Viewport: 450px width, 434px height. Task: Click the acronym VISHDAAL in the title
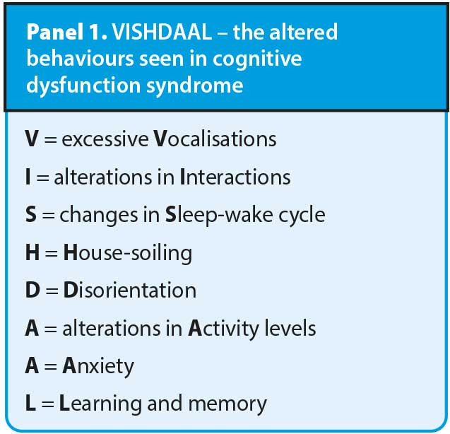pyautogui.click(x=162, y=32)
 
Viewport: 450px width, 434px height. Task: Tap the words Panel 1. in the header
pyautogui.click(x=67, y=32)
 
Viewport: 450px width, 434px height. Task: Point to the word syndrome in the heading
pyautogui.click(x=194, y=86)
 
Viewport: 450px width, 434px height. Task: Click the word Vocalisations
pyautogui.click(x=215, y=139)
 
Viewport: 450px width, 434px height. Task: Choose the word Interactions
pyautogui.click(x=235, y=177)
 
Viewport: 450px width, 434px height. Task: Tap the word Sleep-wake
pyautogui.click(x=219, y=216)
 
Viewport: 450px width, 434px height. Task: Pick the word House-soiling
pyautogui.click(x=128, y=253)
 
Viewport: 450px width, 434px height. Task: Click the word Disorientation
pyautogui.click(x=130, y=291)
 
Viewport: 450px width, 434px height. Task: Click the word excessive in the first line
pyautogui.click(x=105, y=139)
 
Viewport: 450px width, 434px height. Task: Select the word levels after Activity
pyautogui.click(x=290, y=328)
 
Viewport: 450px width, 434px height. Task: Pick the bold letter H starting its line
pyautogui.click(x=32, y=253)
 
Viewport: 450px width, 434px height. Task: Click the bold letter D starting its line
pyautogui.click(x=32, y=291)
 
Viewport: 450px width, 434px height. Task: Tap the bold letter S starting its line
pyautogui.click(x=31, y=215)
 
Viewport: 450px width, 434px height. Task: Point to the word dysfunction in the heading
pyautogui.click(x=83, y=86)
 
